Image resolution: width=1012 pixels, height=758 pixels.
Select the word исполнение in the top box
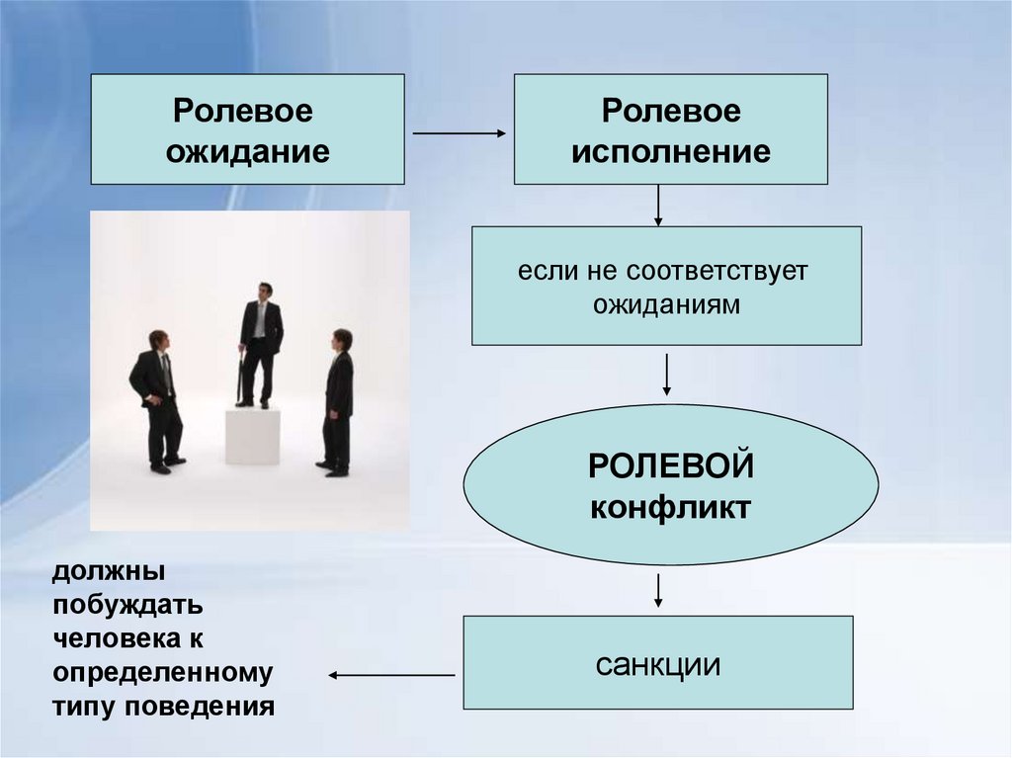pyautogui.click(x=671, y=152)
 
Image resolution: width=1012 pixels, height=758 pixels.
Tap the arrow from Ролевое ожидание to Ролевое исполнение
pyautogui.click(x=458, y=132)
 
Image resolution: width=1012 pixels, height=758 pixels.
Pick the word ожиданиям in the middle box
pyautogui.click(x=666, y=305)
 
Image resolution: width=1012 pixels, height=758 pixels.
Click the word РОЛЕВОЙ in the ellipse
pyautogui.click(x=671, y=466)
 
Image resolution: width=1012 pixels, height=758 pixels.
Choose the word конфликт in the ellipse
pyautogui.click(x=671, y=508)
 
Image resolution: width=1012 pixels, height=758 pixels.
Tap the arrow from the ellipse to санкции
pyautogui.click(x=658, y=589)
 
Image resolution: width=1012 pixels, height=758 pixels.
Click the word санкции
pyautogui.click(x=657, y=664)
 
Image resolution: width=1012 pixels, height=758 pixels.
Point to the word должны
pyautogui.click(x=109, y=572)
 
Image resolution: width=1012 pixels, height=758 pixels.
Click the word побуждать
pyautogui.click(x=128, y=606)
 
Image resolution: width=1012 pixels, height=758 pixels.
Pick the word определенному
pyautogui.click(x=162, y=674)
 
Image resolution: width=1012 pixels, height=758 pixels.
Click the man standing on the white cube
pyautogui.click(x=260, y=342)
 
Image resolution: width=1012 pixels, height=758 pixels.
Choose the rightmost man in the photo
pyautogui.click(x=338, y=400)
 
